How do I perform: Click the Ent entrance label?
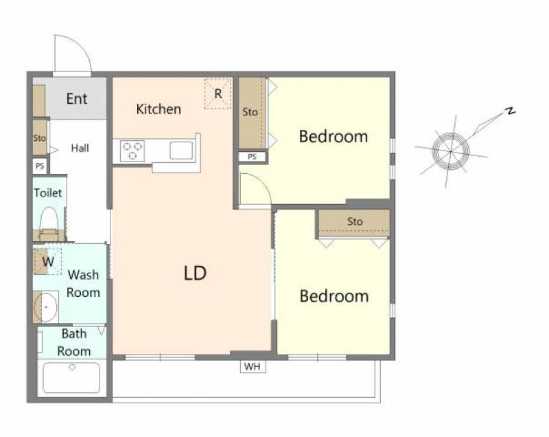point(77,99)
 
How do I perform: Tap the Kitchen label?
point(159,109)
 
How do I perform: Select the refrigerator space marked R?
point(218,94)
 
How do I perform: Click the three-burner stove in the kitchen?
point(132,150)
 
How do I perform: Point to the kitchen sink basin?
point(181,150)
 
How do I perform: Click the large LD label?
point(195,273)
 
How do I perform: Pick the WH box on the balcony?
point(253,366)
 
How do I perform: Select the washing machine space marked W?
point(47,261)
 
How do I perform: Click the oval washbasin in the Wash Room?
point(45,307)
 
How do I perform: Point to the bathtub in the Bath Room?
point(71,378)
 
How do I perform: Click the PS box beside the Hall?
point(40,166)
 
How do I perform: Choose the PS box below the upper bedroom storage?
point(252,156)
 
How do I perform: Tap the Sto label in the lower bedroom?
point(355,221)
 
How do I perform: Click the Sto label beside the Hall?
point(40,138)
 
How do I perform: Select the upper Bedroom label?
point(334,136)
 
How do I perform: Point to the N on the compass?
point(511,111)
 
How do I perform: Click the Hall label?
point(80,148)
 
